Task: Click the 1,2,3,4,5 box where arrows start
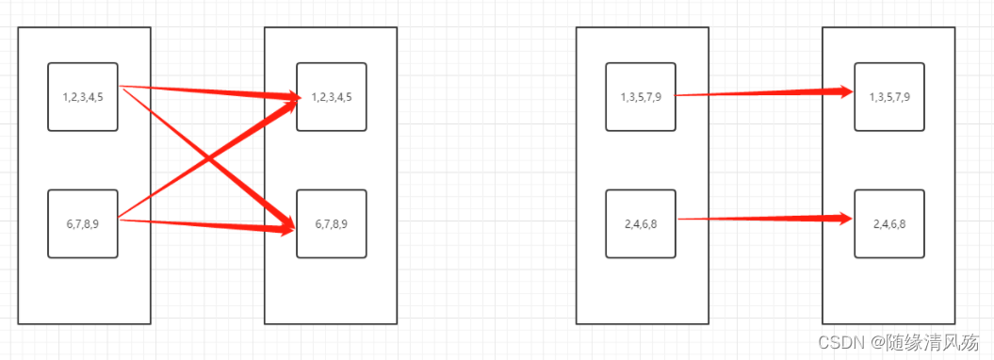[83, 97]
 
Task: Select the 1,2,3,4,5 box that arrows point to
[332, 97]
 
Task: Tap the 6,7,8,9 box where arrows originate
[83, 223]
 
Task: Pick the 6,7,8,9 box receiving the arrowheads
[332, 223]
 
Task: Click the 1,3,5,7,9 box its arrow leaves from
[641, 97]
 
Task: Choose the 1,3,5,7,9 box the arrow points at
[889, 97]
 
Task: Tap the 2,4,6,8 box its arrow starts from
[641, 223]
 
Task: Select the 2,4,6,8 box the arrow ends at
[889, 223]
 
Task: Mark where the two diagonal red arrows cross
[208, 157]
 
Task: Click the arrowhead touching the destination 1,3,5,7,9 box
[846, 92]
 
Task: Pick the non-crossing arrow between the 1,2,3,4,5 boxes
[209, 91]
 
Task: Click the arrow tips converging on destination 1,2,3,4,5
[292, 98]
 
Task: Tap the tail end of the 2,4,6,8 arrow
[678, 220]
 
